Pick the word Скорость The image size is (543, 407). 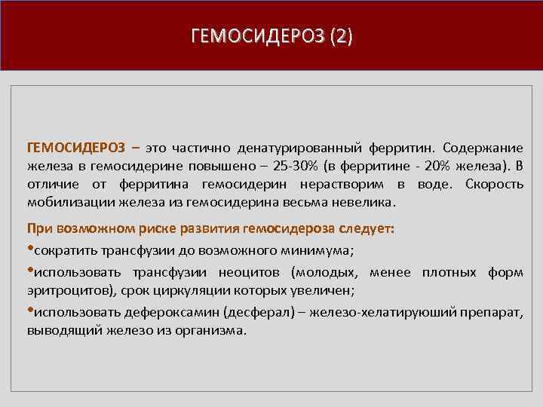[x=495, y=184]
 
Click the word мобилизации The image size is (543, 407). [x=62, y=203]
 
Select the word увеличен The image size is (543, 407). [x=323, y=289]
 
